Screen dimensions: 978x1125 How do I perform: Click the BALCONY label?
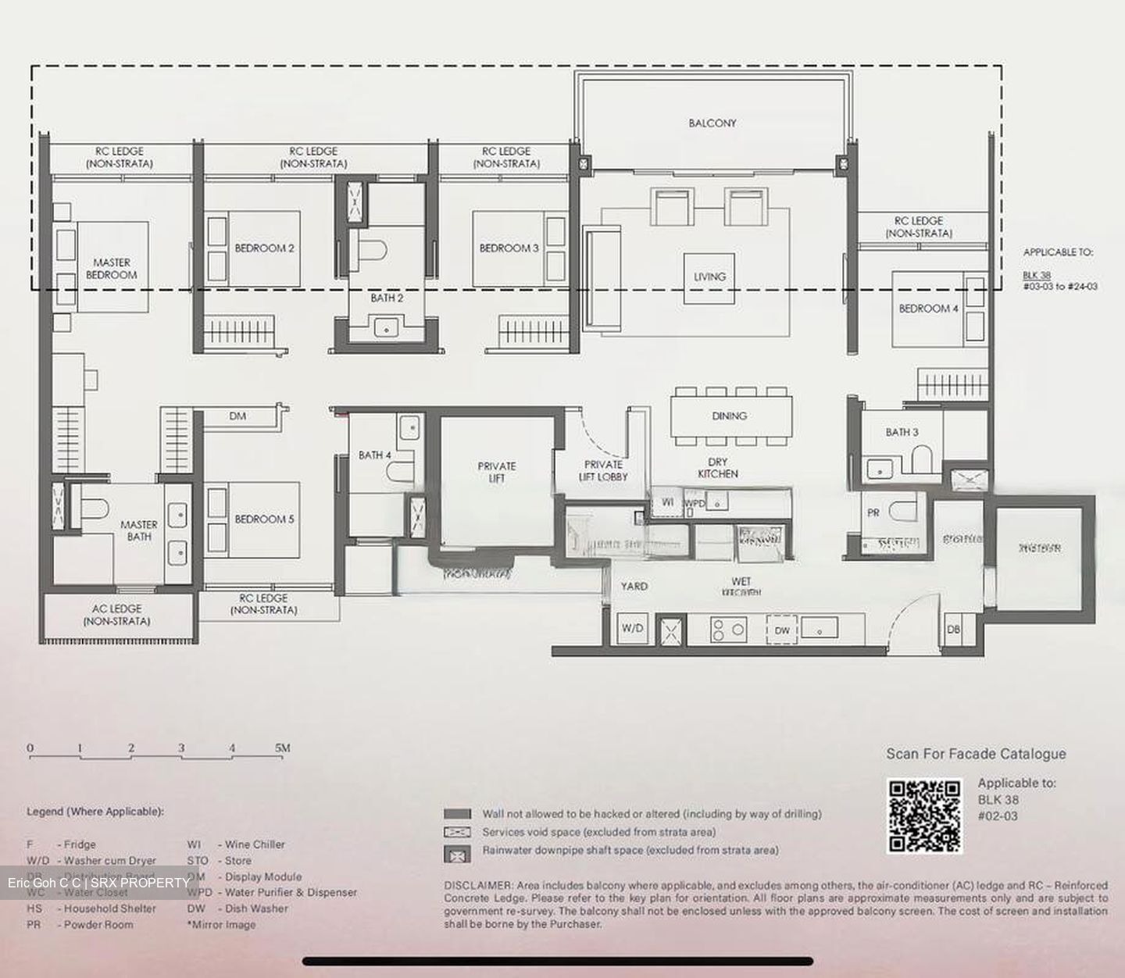[x=712, y=123]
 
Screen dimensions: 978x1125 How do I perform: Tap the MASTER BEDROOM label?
[x=111, y=269]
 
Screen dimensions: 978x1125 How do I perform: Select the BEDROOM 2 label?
[x=264, y=248]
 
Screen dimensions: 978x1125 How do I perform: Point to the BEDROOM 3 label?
[x=509, y=248]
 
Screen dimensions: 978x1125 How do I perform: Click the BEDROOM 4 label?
[x=928, y=309]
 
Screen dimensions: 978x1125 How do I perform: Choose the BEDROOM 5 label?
[x=264, y=519]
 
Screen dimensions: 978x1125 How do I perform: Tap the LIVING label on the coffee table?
[x=709, y=277]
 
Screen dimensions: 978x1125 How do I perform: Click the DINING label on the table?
[x=729, y=416]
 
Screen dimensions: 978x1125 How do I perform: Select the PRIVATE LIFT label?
[x=497, y=472]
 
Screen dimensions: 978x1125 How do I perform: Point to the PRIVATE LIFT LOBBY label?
[x=603, y=470]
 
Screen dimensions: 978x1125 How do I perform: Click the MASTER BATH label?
[x=138, y=530]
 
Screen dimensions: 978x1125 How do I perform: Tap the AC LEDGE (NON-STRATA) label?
[x=116, y=615]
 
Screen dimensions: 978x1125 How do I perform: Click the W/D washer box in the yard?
[x=631, y=628]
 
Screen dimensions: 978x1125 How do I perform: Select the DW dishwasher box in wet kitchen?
[x=782, y=630]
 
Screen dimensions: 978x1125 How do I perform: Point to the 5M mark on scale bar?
[x=282, y=748]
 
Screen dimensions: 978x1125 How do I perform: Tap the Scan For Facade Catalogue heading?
[x=976, y=754]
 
